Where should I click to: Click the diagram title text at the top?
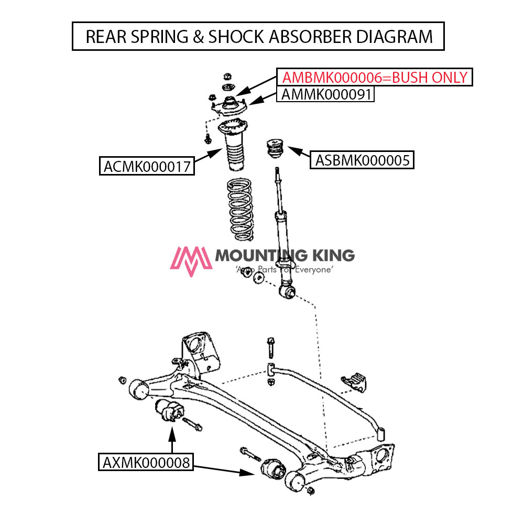(x=258, y=36)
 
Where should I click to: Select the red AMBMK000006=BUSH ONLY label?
(x=375, y=78)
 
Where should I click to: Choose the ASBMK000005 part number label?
(x=362, y=160)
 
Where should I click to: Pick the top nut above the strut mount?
(x=228, y=77)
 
